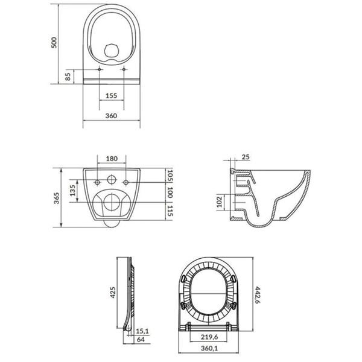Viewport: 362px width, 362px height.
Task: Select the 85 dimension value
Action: pos(68,77)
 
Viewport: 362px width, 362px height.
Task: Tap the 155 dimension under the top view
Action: pos(111,96)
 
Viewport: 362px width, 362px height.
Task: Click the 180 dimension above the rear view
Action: pos(112,158)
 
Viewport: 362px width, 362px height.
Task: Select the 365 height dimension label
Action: pos(56,197)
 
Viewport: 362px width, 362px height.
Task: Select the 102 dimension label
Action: pos(219,202)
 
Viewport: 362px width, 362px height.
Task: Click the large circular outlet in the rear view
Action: pos(111,203)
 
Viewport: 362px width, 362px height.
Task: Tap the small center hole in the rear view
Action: pos(111,180)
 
